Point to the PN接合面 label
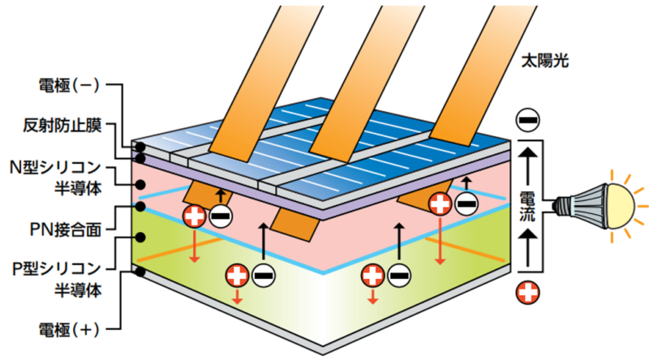click(62, 229)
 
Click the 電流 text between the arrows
click(527, 208)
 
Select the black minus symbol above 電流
click(527, 120)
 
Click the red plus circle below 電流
click(527, 293)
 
